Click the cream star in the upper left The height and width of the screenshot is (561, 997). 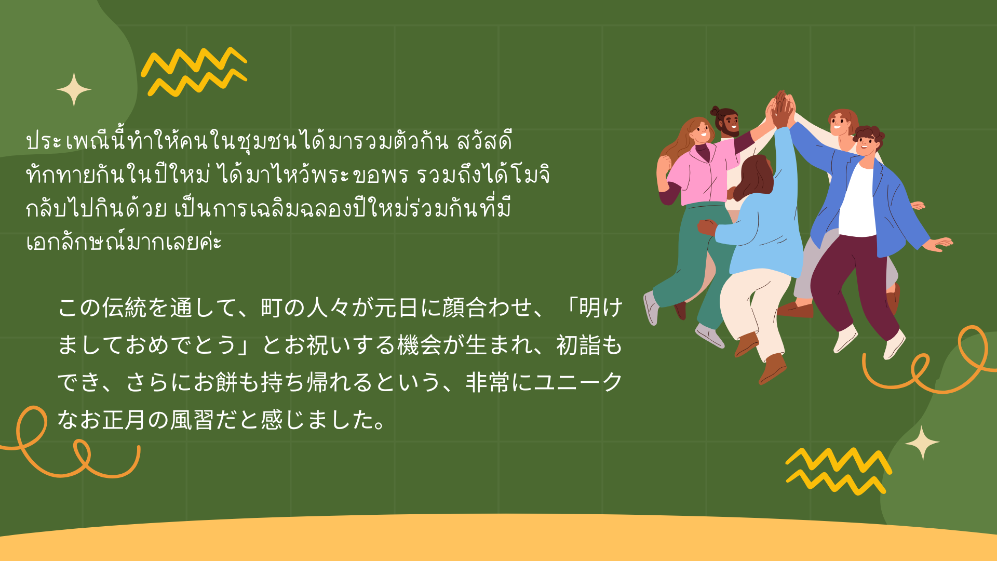pyautogui.click(x=74, y=89)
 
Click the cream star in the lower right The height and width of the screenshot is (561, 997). pyautogui.click(x=922, y=443)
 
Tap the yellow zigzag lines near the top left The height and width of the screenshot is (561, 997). pyautogui.click(x=194, y=73)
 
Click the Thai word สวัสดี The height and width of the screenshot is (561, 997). pyautogui.click(x=484, y=141)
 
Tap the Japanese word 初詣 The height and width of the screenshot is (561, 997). pyautogui.click(x=578, y=345)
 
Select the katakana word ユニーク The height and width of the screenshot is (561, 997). pyautogui.click(x=578, y=382)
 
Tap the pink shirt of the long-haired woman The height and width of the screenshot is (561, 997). pyautogui.click(x=701, y=174)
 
